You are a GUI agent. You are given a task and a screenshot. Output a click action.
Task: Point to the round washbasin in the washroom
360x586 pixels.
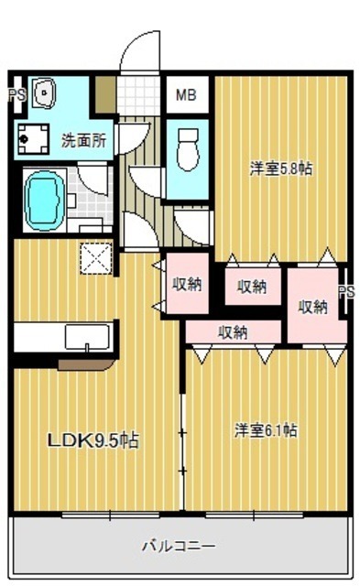43,92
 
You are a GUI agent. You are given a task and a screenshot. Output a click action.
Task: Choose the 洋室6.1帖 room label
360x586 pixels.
266,429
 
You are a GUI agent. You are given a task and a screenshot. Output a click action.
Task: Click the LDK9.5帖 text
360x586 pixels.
93,440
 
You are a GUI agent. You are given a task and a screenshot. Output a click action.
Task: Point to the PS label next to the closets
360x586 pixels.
345,292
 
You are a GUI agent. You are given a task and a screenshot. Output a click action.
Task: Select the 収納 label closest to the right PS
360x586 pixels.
312,307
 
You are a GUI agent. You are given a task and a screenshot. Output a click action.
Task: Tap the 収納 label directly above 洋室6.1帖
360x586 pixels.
233,332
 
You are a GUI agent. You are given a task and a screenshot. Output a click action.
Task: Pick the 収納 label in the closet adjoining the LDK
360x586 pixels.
187,284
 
